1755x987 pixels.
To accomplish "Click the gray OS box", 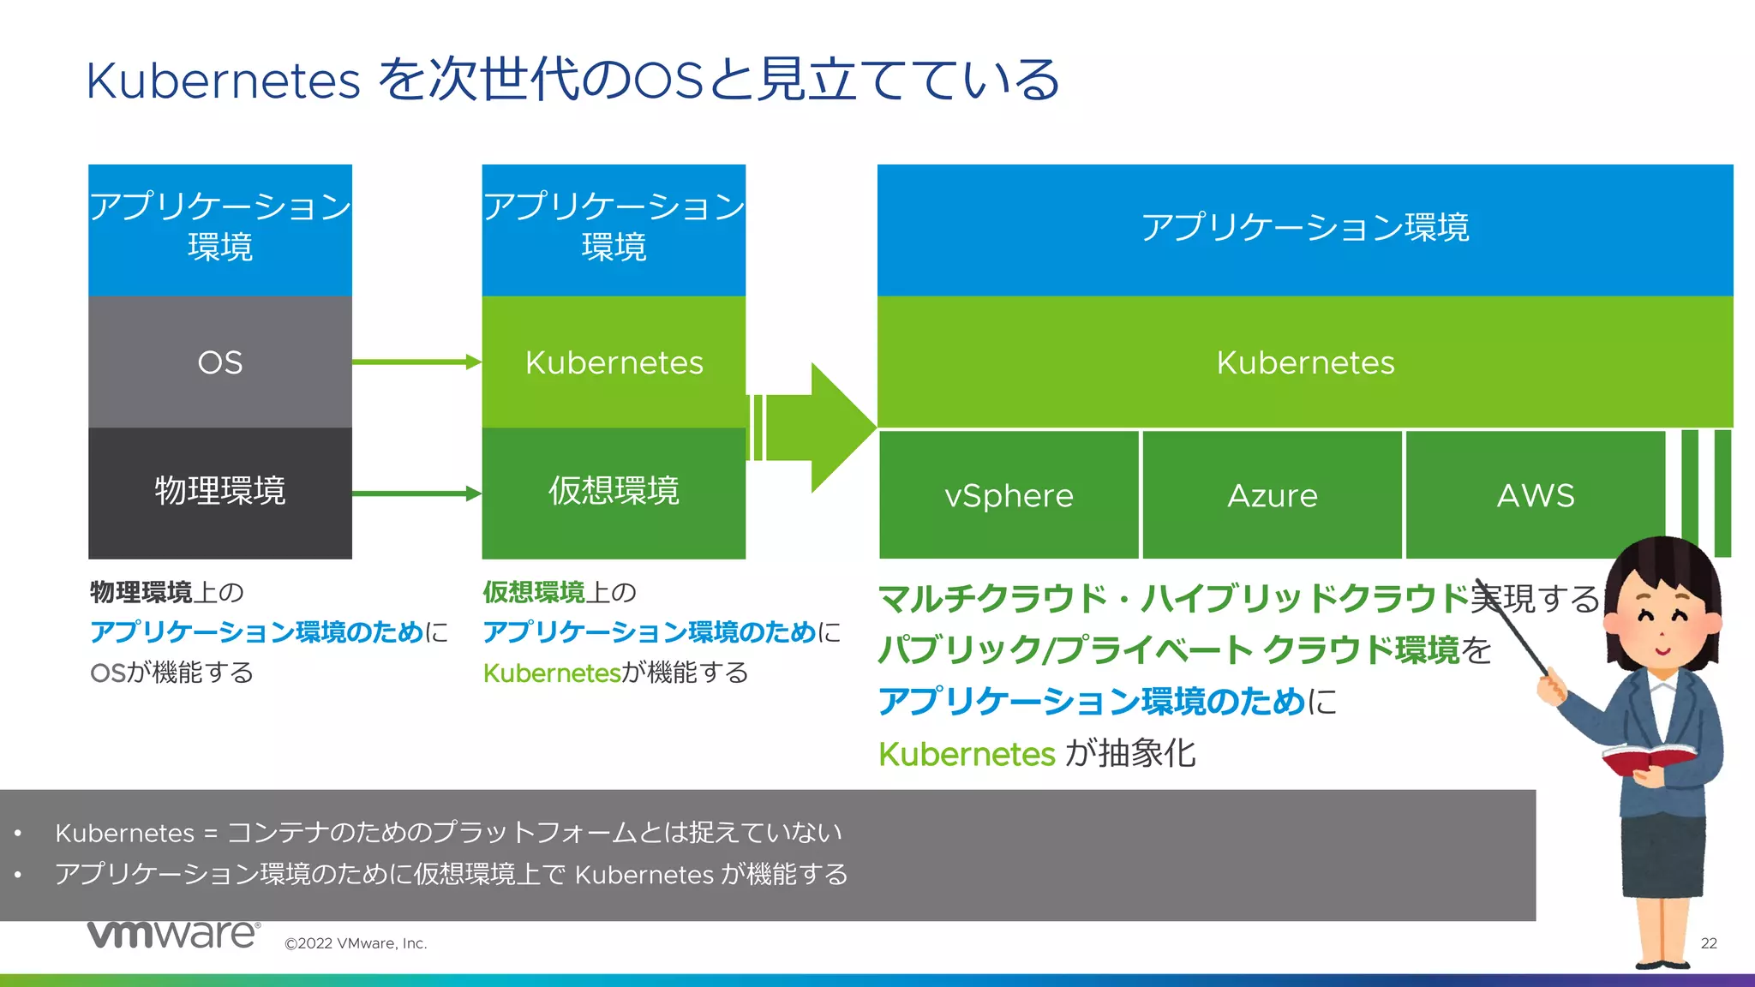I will (x=220, y=362).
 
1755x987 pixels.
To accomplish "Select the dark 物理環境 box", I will (x=220, y=493).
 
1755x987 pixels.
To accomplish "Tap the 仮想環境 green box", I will (x=614, y=493).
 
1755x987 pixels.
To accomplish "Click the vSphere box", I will (x=1009, y=495).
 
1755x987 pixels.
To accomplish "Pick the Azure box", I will (x=1272, y=495).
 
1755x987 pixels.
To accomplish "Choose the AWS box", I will (x=1535, y=495).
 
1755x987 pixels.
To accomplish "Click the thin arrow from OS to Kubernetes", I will (x=416, y=362).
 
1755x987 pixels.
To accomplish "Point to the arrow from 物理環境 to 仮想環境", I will (x=416, y=493).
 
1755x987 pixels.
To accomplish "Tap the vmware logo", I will (x=173, y=934).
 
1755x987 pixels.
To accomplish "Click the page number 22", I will (x=1708, y=943).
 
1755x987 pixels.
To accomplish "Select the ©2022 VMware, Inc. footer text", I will (x=356, y=943).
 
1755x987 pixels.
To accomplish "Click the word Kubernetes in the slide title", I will (x=223, y=81).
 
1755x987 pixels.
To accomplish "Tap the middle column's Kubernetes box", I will (x=614, y=362).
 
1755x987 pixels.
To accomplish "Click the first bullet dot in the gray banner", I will (x=18, y=833).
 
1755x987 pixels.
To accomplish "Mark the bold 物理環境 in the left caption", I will (x=141, y=592).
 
